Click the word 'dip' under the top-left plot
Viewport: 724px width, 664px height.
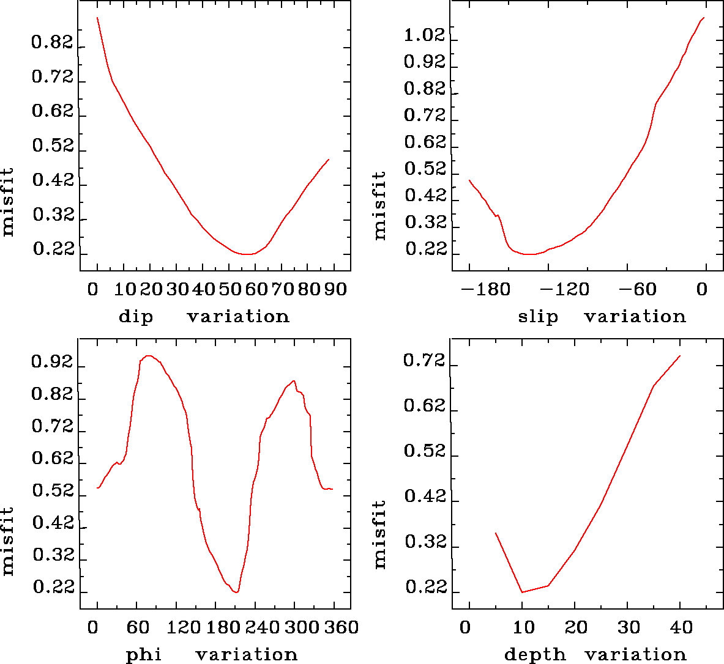(x=135, y=317)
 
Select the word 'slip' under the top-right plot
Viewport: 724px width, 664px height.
(x=538, y=317)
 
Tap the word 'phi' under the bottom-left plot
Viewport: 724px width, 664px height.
(x=144, y=655)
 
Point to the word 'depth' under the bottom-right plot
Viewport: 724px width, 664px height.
(x=535, y=655)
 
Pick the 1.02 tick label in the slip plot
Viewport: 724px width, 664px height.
(x=424, y=35)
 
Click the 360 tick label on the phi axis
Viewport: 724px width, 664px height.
(x=339, y=627)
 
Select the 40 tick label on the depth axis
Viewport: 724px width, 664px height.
(x=681, y=627)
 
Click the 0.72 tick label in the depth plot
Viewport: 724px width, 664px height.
(x=424, y=361)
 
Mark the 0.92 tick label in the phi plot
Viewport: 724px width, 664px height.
(x=52, y=363)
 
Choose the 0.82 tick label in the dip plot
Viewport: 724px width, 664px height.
(x=52, y=43)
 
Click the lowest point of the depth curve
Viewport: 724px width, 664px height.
(x=522, y=592)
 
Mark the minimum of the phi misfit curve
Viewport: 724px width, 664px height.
(x=236, y=592)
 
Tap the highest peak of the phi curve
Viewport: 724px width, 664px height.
(x=148, y=355)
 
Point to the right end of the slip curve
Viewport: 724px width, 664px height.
(x=704, y=18)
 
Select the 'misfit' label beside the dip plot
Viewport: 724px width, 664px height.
(x=8, y=202)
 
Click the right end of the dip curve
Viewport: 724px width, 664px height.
(x=329, y=160)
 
